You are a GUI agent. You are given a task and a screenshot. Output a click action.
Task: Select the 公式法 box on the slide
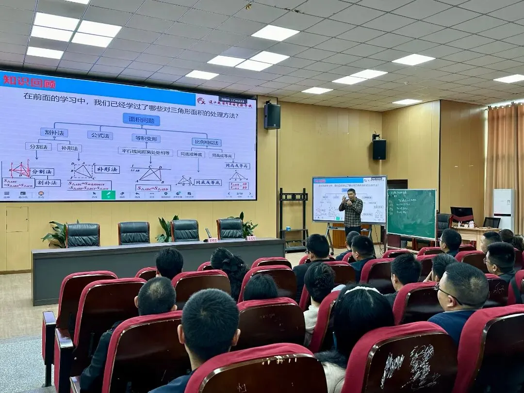coord(100,135)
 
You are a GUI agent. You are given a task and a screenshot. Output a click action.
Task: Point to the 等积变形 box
coord(146,138)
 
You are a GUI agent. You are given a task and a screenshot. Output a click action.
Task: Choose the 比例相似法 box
coord(206,142)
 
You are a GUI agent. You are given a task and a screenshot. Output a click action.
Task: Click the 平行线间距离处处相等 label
coord(145,152)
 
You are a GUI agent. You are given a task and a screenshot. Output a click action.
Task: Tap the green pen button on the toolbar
coord(108,195)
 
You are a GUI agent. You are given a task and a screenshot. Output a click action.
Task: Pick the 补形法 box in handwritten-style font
coord(107,169)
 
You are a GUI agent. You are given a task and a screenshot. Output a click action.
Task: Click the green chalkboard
coord(411,213)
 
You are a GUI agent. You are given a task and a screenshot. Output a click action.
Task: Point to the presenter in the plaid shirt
coord(351,211)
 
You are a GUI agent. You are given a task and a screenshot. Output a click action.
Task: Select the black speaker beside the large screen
coord(272,116)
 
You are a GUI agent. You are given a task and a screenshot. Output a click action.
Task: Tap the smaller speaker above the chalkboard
coord(379,149)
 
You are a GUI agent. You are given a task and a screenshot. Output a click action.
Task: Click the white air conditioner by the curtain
coord(504,209)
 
